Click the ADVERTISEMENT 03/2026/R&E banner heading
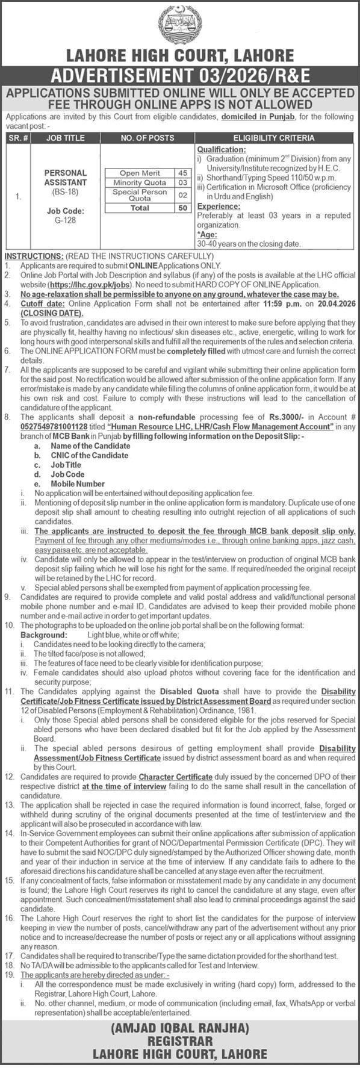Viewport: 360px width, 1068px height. point(180,76)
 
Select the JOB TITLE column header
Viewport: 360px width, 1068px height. point(66,137)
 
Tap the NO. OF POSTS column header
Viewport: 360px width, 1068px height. point(147,137)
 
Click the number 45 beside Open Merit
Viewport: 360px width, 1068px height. point(182,173)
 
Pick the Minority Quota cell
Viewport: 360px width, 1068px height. point(139,182)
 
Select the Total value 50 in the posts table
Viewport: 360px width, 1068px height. point(182,208)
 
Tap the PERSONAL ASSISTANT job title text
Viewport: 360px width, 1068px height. point(66,177)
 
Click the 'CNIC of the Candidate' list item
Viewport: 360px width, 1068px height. point(89,455)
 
